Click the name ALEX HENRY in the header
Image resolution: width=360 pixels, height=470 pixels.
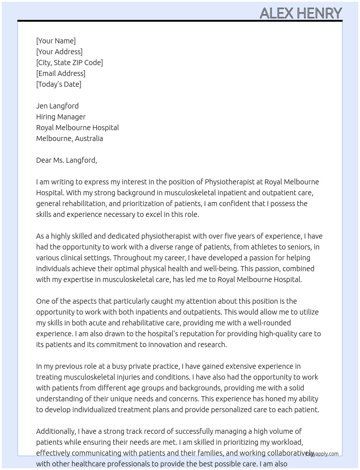click(x=300, y=13)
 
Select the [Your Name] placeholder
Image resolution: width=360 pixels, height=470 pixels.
click(x=56, y=41)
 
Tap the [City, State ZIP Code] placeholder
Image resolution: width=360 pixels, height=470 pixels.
click(x=69, y=63)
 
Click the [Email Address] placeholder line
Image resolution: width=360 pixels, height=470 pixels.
click(x=61, y=73)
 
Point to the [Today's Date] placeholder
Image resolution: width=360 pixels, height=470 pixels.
click(x=59, y=84)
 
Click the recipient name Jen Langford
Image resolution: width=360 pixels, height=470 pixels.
click(x=57, y=106)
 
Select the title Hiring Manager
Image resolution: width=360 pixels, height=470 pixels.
click(x=61, y=117)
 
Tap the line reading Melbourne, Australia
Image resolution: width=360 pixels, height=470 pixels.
click(x=69, y=138)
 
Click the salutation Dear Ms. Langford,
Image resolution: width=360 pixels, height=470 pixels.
click(x=67, y=160)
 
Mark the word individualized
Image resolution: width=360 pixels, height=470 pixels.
click(x=96, y=410)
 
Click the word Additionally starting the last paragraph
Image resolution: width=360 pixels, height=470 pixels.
click(x=56, y=431)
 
